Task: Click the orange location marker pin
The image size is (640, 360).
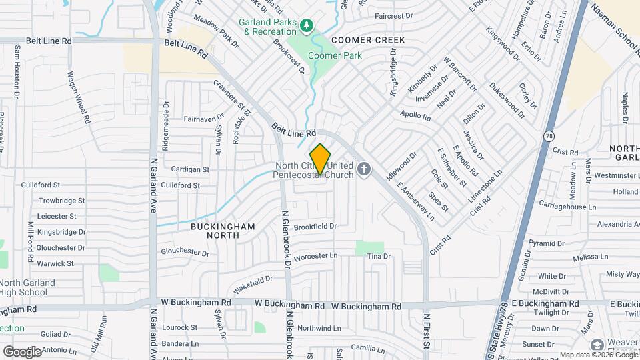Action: (321, 160)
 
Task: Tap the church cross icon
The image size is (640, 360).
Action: (364, 169)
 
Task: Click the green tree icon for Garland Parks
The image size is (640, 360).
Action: (307, 26)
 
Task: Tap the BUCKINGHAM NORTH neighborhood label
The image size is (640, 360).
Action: (223, 231)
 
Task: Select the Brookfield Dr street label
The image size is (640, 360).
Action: (315, 227)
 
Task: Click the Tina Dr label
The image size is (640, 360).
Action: (378, 256)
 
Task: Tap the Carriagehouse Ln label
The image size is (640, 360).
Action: (567, 207)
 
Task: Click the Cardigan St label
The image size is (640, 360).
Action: (190, 169)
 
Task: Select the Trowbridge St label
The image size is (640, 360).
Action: (61, 200)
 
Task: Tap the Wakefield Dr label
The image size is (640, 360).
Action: (253, 285)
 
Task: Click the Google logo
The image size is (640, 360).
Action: (22, 351)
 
